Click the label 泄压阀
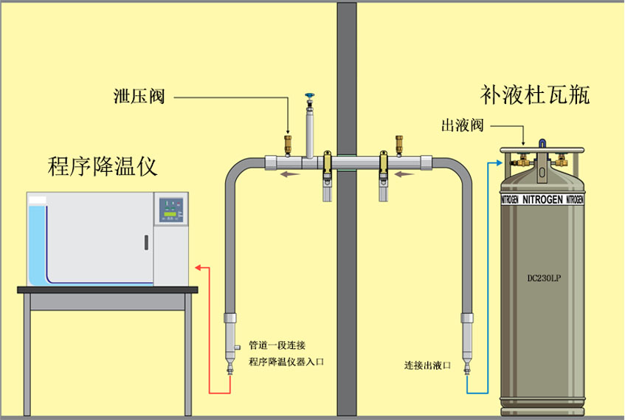[x=138, y=96]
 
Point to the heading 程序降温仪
[x=103, y=165]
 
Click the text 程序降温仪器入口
[x=286, y=362]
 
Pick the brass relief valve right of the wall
[x=399, y=142]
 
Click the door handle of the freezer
[x=146, y=242]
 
